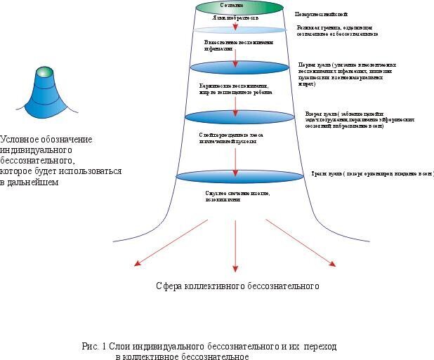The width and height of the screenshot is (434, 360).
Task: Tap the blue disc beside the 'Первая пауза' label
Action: click(235, 67)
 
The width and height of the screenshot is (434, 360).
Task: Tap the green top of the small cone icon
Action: click(44, 71)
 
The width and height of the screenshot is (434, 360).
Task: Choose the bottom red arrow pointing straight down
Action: click(235, 246)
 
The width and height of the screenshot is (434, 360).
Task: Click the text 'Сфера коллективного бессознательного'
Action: click(237, 286)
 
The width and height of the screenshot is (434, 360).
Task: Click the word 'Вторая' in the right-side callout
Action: click(313, 112)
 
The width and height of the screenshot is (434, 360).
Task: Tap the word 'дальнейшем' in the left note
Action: click(34, 182)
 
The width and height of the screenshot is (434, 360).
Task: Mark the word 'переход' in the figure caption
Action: click(322, 347)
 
